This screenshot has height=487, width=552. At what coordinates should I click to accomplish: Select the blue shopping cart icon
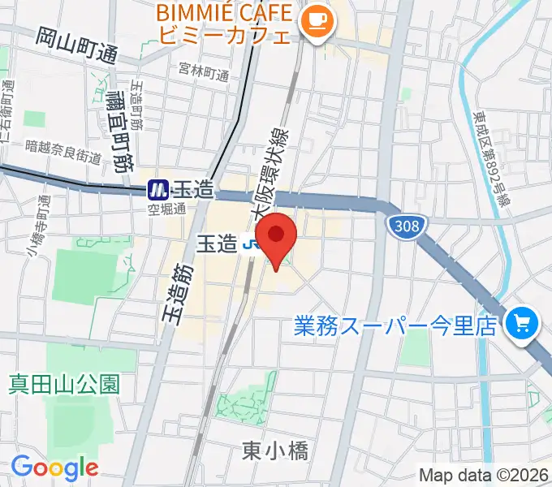[518, 325]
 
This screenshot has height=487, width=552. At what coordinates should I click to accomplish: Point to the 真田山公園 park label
[64, 383]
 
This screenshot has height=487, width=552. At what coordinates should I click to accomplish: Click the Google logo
[54, 468]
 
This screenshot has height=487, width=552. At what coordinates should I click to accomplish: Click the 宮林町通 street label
[205, 73]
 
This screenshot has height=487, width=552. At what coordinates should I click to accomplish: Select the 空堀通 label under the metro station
[166, 209]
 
